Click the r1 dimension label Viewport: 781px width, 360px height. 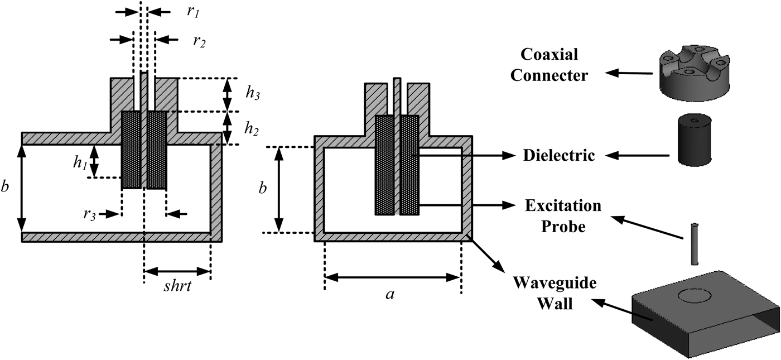click(192, 13)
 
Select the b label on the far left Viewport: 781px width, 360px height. click(6, 188)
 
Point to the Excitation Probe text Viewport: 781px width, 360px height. click(563, 214)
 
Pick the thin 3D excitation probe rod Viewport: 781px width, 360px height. click(695, 244)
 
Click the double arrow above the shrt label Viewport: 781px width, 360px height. click(177, 273)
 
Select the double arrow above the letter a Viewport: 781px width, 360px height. click(393, 277)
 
